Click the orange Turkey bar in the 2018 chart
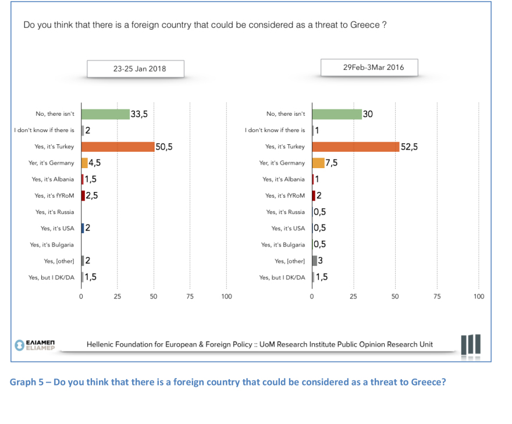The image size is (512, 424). (118, 147)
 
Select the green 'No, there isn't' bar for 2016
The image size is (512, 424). (337, 114)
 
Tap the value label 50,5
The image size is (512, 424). (164, 147)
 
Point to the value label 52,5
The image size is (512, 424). (410, 147)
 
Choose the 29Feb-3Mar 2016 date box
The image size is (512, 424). (374, 67)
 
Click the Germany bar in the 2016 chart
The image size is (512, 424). (318, 163)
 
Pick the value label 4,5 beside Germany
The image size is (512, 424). (95, 163)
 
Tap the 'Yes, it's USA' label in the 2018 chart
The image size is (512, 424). (57, 229)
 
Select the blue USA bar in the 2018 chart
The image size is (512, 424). (83, 228)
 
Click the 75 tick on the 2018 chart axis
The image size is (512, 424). (190, 297)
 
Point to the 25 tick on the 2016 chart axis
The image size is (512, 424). (354, 297)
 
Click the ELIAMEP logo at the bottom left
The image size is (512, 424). (35, 344)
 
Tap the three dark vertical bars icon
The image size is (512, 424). (470, 344)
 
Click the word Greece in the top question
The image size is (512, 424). (365, 26)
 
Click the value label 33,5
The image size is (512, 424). (139, 114)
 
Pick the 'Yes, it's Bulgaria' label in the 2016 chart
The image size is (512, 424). (283, 245)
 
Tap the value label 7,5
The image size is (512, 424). (331, 163)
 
